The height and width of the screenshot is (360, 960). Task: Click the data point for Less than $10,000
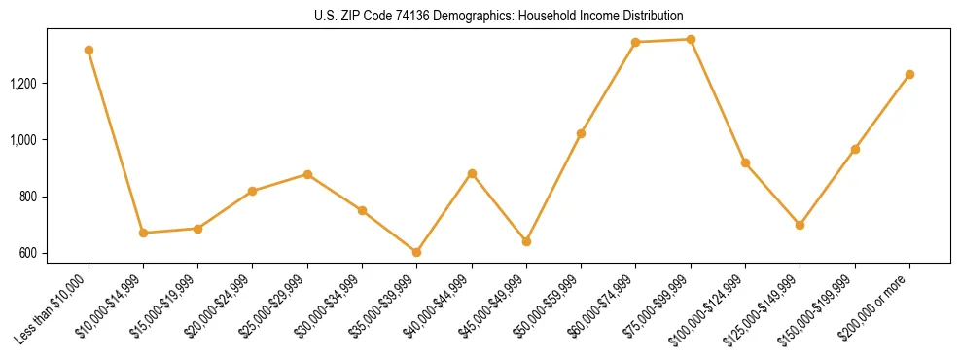[89, 50]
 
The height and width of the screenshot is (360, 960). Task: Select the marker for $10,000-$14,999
[143, 233]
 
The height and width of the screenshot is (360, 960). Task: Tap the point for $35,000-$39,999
[416, 252]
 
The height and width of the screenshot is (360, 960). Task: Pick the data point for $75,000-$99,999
[691, 39]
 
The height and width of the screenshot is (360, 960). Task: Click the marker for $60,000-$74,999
[635, 42]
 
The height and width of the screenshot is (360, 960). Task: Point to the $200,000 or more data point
[909, 74]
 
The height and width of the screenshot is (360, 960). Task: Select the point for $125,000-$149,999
[800, 225]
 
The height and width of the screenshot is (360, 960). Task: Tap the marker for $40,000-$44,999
[472, 173]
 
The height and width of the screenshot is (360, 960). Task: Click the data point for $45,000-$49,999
[526, 241]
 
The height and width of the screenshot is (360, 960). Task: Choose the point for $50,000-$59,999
[581, 133]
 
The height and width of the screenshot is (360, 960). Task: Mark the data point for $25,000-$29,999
[307, 174]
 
